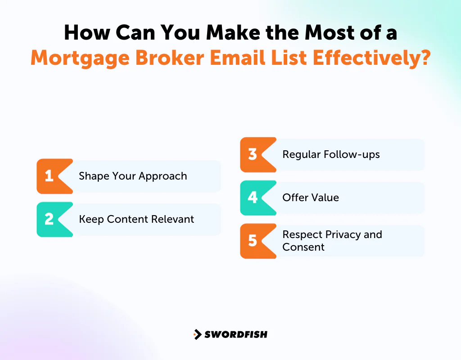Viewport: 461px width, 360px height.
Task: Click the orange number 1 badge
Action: pos(50,176)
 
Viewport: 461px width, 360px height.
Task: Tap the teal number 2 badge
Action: pos(50,219)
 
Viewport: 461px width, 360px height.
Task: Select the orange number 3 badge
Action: pos(253,154)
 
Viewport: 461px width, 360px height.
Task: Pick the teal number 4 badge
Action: pos(253,198)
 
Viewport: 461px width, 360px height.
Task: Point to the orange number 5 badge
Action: pos(253,241)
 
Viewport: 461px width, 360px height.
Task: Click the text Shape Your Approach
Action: pos(133,176)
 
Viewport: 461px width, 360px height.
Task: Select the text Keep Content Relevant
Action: pos(136,219)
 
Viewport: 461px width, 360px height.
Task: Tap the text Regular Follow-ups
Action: pos(331,154)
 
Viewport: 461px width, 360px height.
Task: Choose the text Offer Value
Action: pos(311,198)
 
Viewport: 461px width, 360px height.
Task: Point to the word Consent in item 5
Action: pos(303,247)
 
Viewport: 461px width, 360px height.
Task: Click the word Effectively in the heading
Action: pos(356,58)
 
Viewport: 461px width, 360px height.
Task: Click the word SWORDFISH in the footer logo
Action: pos(236,334)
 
